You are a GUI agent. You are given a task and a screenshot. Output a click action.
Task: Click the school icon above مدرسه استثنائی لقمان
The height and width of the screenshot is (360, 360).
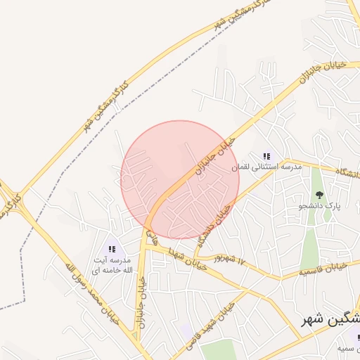(x=266, y=156)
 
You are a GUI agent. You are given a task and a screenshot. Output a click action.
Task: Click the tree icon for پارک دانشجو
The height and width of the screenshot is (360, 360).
(x=321, y=195)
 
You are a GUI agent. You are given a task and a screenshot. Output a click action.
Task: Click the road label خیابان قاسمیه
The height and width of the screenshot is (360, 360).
(x=323, y=268)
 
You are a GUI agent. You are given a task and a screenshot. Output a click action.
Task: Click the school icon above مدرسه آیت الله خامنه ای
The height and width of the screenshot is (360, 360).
(x=112, y=249)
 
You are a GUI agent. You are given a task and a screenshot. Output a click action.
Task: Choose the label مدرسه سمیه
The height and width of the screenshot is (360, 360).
(x=344, y=349)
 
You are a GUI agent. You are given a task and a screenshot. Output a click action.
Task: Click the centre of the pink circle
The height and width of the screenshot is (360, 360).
(x=180, y=180)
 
